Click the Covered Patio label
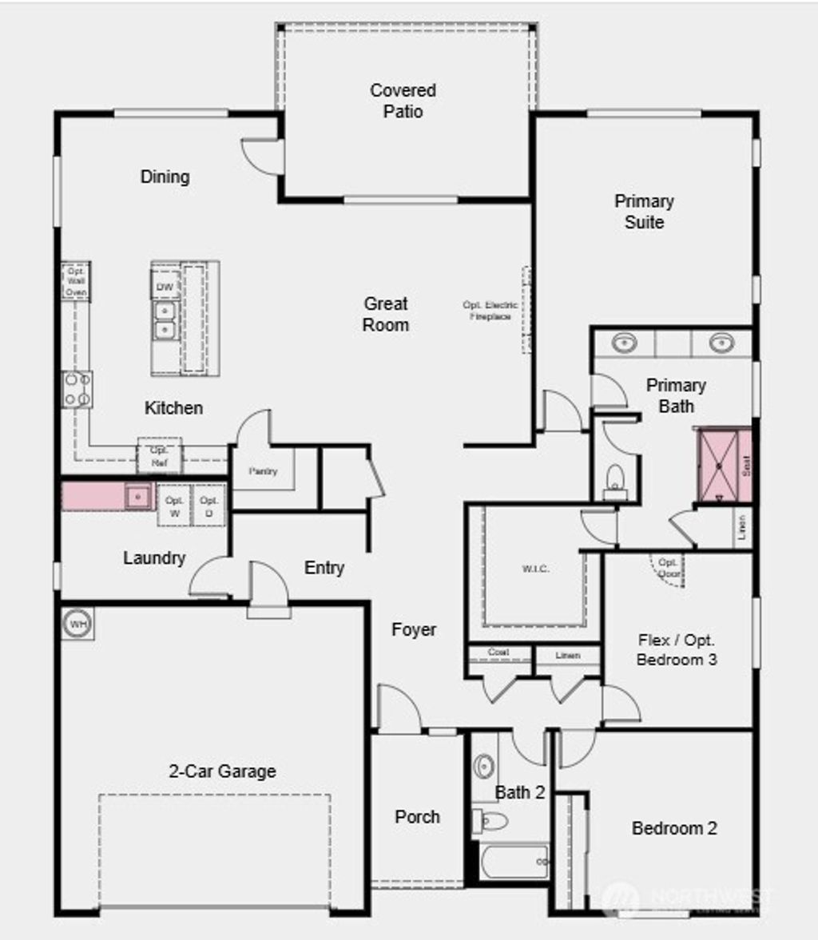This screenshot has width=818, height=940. (x=403, y=101)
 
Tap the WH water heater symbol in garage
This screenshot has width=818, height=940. (x=77, y=624)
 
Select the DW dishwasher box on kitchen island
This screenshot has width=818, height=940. (x=165, y=287)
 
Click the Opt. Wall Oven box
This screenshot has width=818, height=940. (x=76, y=281)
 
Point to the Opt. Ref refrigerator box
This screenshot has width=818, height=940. (x=159, y=457)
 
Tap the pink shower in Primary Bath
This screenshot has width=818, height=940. (x=725, y=466)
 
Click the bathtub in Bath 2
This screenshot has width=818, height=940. (x=510, y=862)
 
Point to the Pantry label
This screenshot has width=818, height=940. (x=263, y=471)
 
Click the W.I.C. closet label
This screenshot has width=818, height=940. (x=535, y=569)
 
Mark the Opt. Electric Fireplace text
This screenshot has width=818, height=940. (x=490, y=311)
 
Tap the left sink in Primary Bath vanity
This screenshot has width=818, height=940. (x=624, y=343)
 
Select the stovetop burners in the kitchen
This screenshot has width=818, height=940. (x=77, y=389)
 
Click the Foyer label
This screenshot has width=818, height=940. (x=414, y=630)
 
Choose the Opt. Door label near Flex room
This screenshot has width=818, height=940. (x=669, y=568)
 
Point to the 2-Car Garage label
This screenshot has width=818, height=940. (x=222, y=771)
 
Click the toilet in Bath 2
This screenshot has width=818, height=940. (x=490, y=821)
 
